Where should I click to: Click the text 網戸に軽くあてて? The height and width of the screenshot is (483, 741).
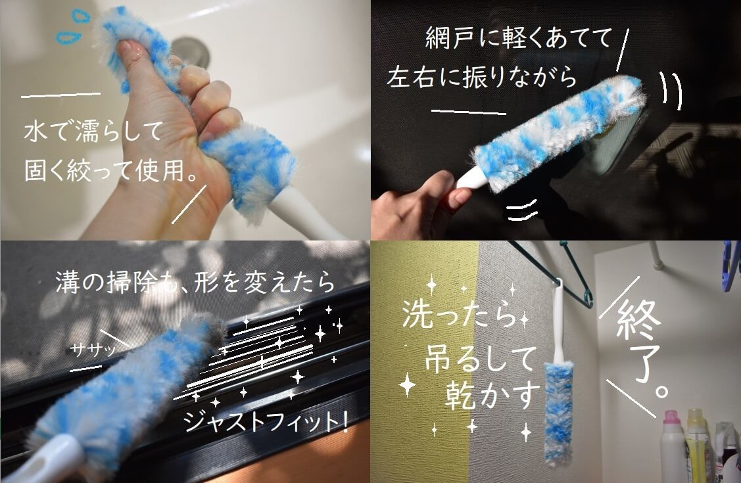[x=518, y=37]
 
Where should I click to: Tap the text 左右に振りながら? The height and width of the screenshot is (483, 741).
[x=481, y=76]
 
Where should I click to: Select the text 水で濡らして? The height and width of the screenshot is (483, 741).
[x=93, y=131]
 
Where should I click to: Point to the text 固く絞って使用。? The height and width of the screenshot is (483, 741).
[x=110, y=170]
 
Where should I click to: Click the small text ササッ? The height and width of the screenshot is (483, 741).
[x=93, y=350]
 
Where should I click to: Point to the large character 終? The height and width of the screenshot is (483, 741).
[x=638, y=321]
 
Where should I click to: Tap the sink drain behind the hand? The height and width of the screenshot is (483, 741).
[x=191, y=51]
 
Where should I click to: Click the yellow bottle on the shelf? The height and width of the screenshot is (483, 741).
[x=697, y=446]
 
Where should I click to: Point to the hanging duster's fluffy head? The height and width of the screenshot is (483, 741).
[x=558, y=414]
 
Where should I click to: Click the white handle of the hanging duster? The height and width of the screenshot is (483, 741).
[x=558, y=321]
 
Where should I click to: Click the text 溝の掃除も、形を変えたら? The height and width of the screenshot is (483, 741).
[x=196, y=283]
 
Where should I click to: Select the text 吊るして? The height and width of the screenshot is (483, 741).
[x=481, y=359]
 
